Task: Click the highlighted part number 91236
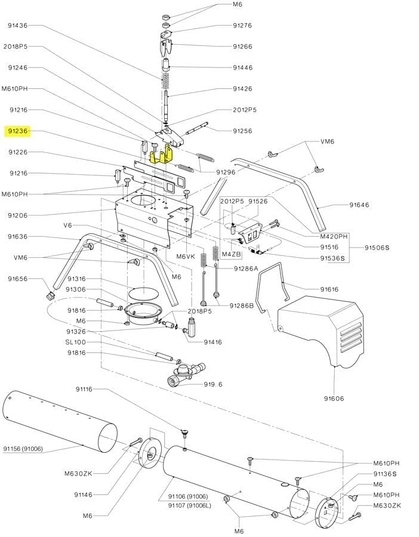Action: [17, 131]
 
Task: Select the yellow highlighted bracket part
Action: [161, 155]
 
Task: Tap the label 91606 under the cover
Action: [334, 399]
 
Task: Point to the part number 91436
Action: [17, 26]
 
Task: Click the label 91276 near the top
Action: [242, 26]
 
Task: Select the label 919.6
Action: [212, 384]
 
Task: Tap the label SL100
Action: [75, 342]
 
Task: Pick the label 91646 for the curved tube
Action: [359, 205]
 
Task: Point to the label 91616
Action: [329, 289]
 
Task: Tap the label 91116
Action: [84, 389]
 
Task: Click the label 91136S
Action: [385, 474]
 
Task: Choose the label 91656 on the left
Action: [17, 279]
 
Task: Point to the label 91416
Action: [213, 342]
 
